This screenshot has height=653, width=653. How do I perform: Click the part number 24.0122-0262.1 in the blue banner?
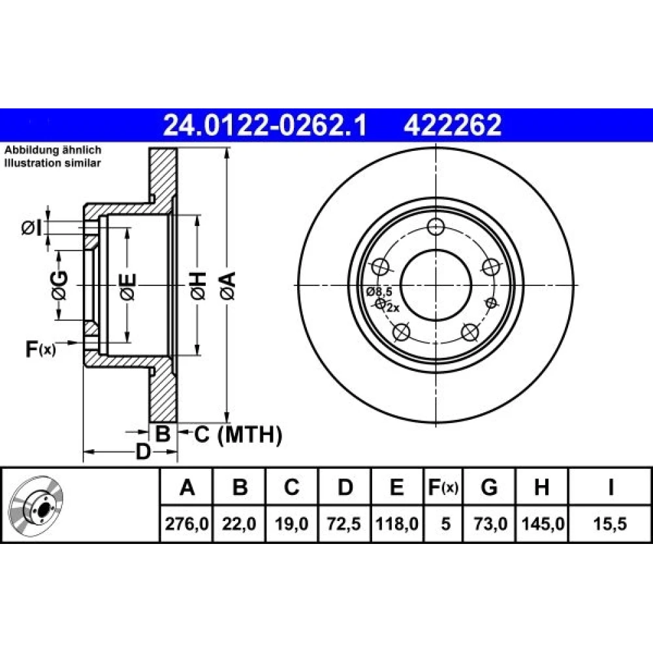pos(265,125)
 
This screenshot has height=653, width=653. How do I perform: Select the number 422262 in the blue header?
pos(453,125)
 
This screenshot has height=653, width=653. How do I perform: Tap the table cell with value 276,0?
pos(187,524)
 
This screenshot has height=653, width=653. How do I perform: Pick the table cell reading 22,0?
pos(239,524)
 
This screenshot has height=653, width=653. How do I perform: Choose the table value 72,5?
pos(344,524)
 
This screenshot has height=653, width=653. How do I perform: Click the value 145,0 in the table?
pos(542,524)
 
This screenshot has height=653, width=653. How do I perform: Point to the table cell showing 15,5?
pos(610,524)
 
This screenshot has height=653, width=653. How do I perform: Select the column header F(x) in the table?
pos(443,487)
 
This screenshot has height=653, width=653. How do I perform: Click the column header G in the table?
pos(489,487)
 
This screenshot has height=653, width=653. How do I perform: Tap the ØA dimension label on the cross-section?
pos(229,285)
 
